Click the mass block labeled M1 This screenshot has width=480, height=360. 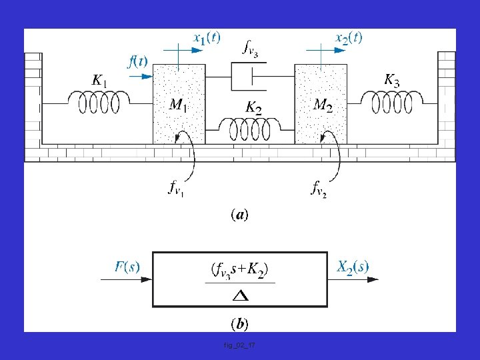coord(179,103)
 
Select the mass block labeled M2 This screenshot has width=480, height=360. coord(321,103)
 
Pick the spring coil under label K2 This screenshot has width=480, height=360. coord(251,126)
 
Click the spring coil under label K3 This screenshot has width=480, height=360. coord(392,102)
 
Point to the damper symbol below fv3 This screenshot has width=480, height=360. coord(251,77)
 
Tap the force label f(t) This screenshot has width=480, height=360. coord(137,61)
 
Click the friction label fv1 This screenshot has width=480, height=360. coord(177,188)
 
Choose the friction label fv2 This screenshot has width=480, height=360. coord(319,188)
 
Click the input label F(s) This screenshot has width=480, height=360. coord(127,267)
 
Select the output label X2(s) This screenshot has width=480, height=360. coord(353,267)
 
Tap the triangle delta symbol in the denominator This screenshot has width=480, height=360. coord(241,295)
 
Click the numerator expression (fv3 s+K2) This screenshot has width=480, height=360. coord(240,270)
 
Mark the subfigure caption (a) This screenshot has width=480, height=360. coord(239,215)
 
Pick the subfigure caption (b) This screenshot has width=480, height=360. coord(239,324)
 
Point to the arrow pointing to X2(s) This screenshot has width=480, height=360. coord(353,280)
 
